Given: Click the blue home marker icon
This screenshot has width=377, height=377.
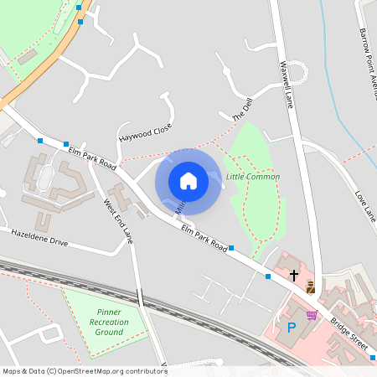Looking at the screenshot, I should coord(188,181).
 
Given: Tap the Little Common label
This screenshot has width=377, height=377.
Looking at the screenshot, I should coord(253,177).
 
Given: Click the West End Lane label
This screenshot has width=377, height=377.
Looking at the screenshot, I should coord(118,220).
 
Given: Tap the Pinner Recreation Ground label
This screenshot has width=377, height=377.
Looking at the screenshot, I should coord(109,322).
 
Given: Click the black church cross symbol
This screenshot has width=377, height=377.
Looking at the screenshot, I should coord(294,274).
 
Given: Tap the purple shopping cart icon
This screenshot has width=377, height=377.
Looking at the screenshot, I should coord(312,315).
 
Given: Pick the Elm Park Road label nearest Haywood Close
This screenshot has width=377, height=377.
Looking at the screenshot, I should coord(92,154).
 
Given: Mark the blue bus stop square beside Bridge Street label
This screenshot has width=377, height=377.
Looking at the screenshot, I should coord(373,358).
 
